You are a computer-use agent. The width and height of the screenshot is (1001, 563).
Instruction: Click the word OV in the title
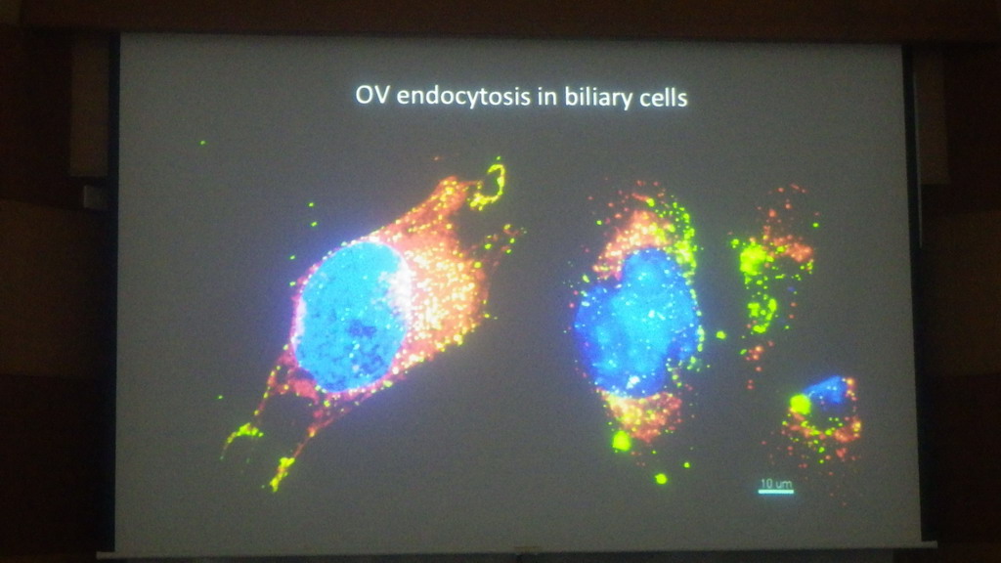(372, 95)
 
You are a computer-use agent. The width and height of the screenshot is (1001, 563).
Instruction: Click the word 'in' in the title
(549, 97)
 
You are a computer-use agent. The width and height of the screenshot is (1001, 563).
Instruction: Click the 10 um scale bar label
(775, 483)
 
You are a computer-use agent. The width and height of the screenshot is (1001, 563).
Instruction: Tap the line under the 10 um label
(775, 492)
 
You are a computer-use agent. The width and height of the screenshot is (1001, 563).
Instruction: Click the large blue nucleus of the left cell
(350, 316)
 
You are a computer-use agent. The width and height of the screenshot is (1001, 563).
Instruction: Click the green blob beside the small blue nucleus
(800, 404)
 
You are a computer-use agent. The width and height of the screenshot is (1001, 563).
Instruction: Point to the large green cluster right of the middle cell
(754, 257)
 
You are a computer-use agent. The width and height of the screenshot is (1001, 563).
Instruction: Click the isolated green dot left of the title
(203, 143)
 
